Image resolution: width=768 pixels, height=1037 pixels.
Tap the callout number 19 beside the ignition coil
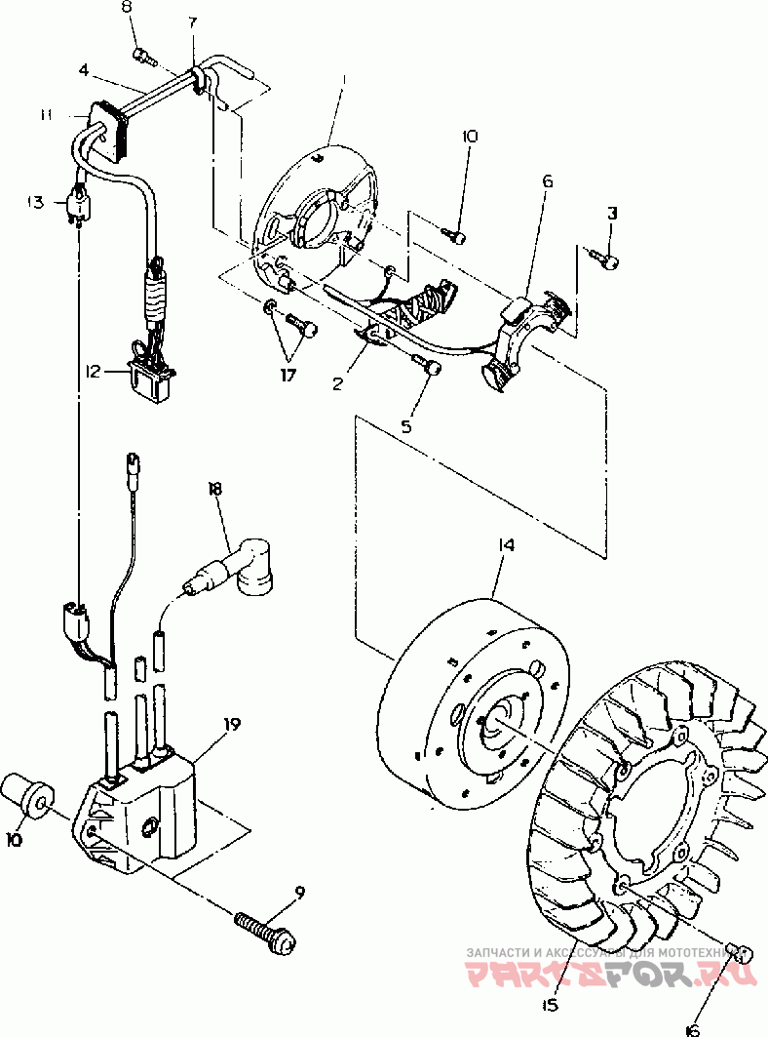click(231, 725)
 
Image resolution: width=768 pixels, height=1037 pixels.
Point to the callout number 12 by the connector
click(93, 371)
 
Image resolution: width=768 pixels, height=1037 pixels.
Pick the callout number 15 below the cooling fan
click(551, 1006)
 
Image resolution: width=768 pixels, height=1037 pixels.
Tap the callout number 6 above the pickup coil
click(547, 181)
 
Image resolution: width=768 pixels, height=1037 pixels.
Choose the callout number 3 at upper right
click(611, 213)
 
